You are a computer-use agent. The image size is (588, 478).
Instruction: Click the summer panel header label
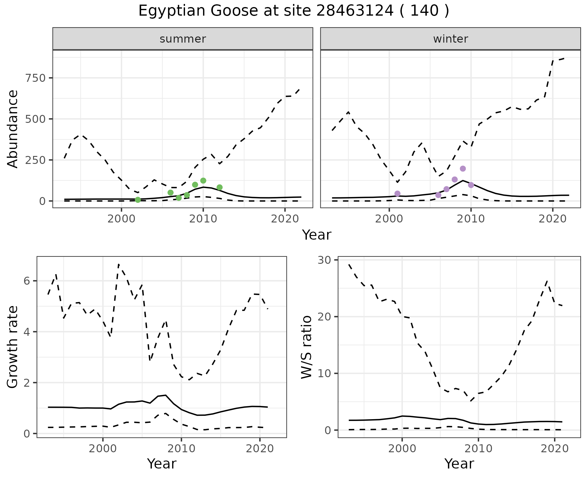183,39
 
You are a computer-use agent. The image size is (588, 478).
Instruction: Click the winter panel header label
450,39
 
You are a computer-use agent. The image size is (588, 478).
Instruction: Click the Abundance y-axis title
13,129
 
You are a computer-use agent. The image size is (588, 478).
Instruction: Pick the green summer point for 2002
138,200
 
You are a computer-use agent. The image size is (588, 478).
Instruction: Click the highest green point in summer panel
203,180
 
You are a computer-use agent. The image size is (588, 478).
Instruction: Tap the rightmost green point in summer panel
219,187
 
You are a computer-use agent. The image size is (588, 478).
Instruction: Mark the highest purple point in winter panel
463,169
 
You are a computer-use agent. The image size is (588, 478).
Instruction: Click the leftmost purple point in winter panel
398,193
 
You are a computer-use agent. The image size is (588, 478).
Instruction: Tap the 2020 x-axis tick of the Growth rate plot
260,449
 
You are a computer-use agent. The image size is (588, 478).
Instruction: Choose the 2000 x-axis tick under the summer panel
122,219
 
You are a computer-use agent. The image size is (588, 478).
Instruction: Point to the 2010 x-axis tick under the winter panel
471,219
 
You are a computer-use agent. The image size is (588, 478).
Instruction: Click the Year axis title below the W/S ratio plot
459,464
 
